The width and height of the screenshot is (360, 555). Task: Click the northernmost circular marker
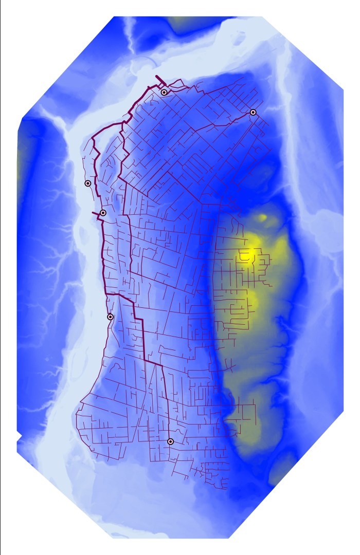(x=164, y=92)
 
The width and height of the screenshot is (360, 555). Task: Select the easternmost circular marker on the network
(x=253, y=112)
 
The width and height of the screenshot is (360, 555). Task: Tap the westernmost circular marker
(x=88, y=183)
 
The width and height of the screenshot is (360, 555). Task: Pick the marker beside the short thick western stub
(x=103, y=213)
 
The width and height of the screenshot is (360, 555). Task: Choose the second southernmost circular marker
(x=110, y=317)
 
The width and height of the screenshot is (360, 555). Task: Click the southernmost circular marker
(x=170, y=441)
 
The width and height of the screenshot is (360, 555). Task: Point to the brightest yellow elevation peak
(x=249, y=253)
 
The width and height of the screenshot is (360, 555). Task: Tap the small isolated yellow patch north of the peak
(x=262, y=218)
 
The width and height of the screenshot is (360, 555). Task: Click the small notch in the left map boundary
(x=20, y=437)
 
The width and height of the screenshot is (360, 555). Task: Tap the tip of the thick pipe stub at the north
(x=156, y=77)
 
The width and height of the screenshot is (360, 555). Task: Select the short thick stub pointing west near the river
(x=94, y=212)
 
